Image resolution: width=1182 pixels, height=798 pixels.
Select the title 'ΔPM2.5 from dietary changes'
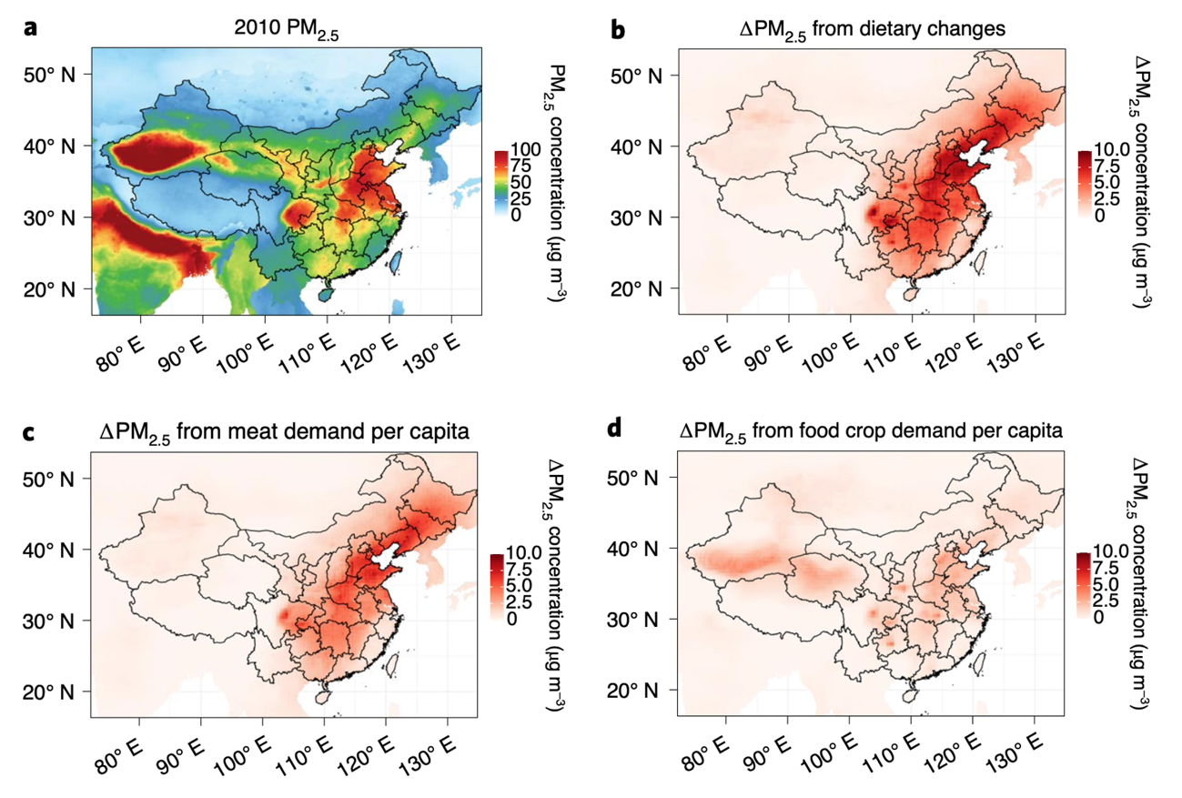click(871, 30)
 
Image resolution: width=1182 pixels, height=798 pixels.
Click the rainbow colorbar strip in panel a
click(498, 183)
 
